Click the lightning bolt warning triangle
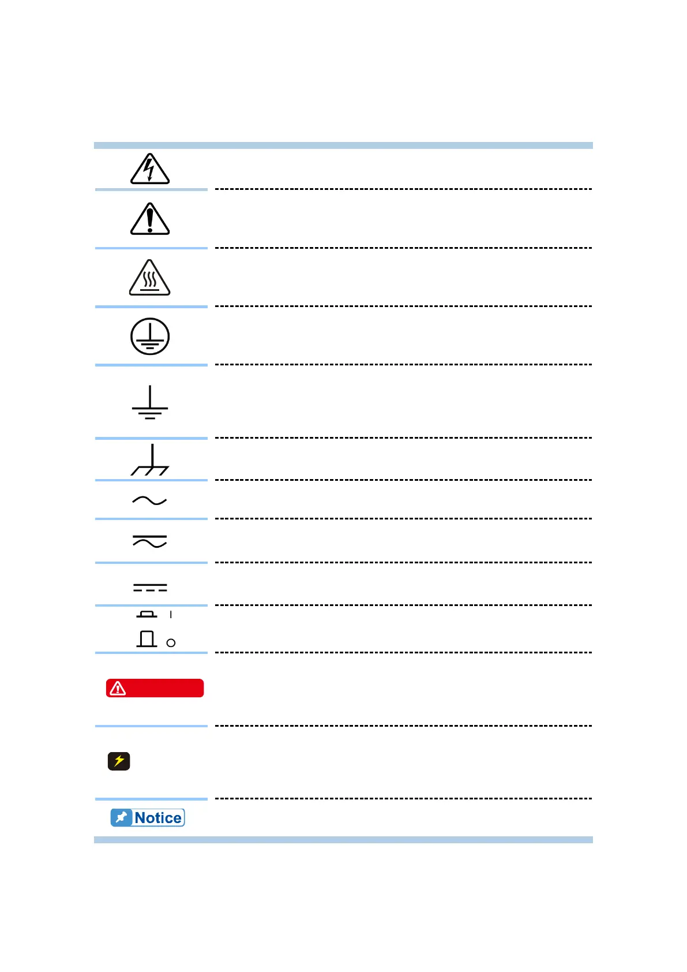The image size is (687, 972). pos(150,169)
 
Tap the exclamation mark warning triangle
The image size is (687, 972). pos(150,220)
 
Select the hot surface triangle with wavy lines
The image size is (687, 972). pos(150,279)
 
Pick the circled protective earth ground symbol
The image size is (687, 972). pos(150,337)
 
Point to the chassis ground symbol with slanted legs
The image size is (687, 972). pos(151,461)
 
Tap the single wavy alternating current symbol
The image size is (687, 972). pos(149,500)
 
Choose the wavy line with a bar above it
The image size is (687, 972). pos(150,541)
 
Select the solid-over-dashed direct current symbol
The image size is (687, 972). pos(150,588)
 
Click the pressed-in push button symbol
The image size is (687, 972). pos(147,614)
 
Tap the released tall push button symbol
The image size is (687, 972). pos(147,639)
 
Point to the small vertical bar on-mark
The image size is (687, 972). pos(171,615)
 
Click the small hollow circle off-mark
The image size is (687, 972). pos(171,643)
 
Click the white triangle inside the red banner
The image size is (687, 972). pos(118,688)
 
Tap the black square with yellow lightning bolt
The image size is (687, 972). pos(119,761)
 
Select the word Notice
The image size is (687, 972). pos(158,818)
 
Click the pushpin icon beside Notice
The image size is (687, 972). pos(121,818)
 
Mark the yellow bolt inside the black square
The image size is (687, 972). pos(119,761)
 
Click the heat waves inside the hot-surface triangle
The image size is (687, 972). pos(150,280)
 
